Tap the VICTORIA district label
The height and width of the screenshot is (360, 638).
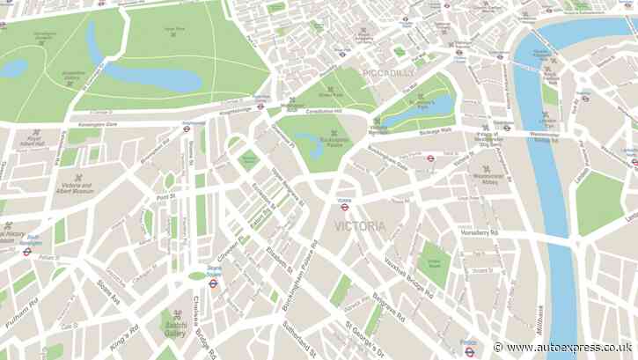tap(359, 226)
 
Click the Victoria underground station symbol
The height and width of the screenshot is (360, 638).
tap(345, 207)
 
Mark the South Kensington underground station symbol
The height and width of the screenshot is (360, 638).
tap(27, 251)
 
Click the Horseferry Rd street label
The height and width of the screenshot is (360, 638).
tap(481, 231)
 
